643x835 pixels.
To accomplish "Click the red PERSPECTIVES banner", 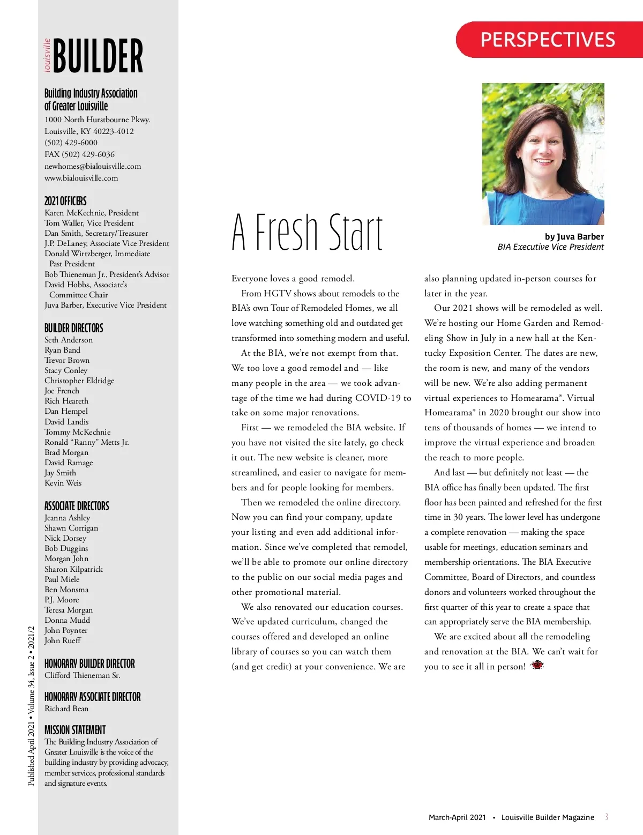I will point(548,40).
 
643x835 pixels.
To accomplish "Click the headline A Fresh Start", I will point(308,232).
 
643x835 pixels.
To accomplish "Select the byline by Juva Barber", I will point(574,236).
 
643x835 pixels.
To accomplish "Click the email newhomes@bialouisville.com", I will point(93,166).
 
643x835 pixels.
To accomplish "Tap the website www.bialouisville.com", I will point(81,178).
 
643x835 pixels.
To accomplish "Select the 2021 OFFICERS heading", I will point(65,201).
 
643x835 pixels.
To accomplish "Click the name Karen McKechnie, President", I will point(92,213).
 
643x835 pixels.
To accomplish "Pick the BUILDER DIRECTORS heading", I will point(74,328).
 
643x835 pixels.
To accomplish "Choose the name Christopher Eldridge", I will point(79,381).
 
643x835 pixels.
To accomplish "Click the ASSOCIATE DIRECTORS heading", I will point(77,506).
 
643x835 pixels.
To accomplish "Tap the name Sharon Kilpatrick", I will point(73,569).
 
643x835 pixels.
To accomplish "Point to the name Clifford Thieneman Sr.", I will point(83,675).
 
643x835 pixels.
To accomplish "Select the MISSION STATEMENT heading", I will point(75,730).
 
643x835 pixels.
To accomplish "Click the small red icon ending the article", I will point(537,665).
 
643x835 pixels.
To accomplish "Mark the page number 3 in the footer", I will point(607,817).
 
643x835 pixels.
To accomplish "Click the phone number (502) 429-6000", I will point(71,143).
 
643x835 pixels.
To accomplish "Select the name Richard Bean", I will point(66,709).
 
